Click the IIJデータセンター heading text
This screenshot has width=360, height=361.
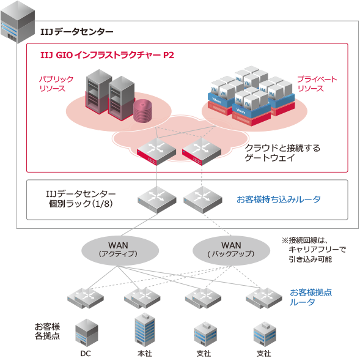point(76,31)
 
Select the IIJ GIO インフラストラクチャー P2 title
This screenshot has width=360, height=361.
point(108,55)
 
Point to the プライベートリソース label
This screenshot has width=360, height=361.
point(317,84)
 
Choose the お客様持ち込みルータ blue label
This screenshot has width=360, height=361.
point(278,199)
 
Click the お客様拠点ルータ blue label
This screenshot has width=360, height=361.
point(312,297)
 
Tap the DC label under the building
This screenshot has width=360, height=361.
point(86,353)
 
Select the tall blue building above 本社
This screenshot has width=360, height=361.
point(144,330)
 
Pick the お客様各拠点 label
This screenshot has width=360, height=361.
point(47,330)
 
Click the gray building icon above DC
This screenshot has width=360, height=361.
point(86,333)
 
